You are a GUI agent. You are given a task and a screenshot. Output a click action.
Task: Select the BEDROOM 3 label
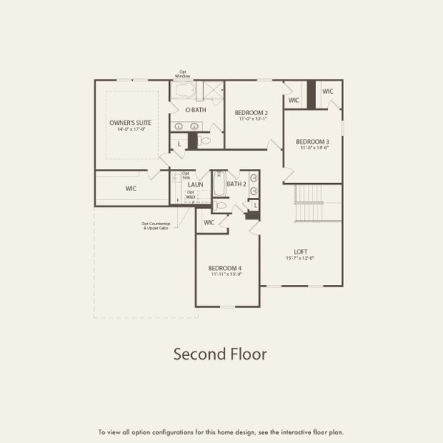coord(312,141)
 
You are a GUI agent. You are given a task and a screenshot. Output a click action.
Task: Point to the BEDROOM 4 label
coord(224,267)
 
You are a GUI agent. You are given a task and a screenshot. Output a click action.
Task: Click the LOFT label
coord(301,251)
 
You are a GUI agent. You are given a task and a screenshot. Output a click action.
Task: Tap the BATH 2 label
coord(236,184)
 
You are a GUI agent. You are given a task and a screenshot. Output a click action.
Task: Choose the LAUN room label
coord(195,185)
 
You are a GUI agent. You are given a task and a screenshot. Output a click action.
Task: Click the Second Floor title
coord(220,354)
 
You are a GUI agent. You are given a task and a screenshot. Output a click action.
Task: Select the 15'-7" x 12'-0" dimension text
coord(301,258)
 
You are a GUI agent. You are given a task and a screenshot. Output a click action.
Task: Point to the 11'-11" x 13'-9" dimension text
coord(224,275)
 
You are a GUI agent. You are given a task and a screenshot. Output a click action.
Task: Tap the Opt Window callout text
coord(182,74)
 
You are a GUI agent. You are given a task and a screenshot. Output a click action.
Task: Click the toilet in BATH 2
coord(221,206)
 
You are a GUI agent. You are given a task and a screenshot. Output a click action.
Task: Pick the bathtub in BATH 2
coord(218,182)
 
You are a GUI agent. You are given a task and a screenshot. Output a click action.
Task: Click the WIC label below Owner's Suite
coord(131,188)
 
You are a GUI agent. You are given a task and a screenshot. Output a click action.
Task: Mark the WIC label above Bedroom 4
coord(209,221)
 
